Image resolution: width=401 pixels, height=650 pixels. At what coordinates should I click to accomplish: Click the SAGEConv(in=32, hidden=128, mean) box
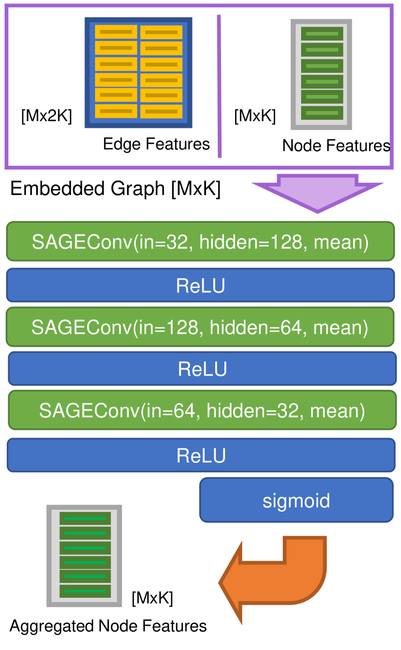201,241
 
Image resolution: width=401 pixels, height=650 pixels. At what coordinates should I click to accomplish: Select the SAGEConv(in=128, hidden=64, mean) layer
200,327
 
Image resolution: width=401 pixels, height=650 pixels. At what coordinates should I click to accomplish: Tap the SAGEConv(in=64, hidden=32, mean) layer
202,410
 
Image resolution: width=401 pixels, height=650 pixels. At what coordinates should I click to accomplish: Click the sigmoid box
296,500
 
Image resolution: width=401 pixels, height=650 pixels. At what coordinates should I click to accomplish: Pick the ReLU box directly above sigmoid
201,455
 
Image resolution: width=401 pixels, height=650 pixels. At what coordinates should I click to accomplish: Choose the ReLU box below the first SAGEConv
201,285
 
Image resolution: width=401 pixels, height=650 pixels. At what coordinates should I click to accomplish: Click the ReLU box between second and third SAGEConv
202,369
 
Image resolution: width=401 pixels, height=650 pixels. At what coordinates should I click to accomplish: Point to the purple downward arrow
318,194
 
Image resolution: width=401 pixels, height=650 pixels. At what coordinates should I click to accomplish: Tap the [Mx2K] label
46,116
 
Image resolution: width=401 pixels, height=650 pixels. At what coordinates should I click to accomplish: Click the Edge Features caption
156,144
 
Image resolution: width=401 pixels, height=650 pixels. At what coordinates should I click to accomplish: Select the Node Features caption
336,145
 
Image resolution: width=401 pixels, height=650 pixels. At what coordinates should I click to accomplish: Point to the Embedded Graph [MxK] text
115,189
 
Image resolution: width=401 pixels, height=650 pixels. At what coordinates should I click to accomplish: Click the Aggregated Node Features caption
108,626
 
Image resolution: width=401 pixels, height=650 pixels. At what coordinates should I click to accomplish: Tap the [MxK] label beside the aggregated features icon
152,598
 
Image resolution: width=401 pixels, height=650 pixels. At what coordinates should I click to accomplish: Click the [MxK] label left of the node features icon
255,116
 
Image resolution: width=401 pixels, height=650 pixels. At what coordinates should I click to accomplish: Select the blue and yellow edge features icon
138,72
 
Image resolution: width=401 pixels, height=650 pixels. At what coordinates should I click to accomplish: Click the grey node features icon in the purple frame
321,74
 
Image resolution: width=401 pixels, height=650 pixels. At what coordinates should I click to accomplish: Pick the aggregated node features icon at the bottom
84,556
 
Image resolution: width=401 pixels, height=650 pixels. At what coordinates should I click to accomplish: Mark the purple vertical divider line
220,86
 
